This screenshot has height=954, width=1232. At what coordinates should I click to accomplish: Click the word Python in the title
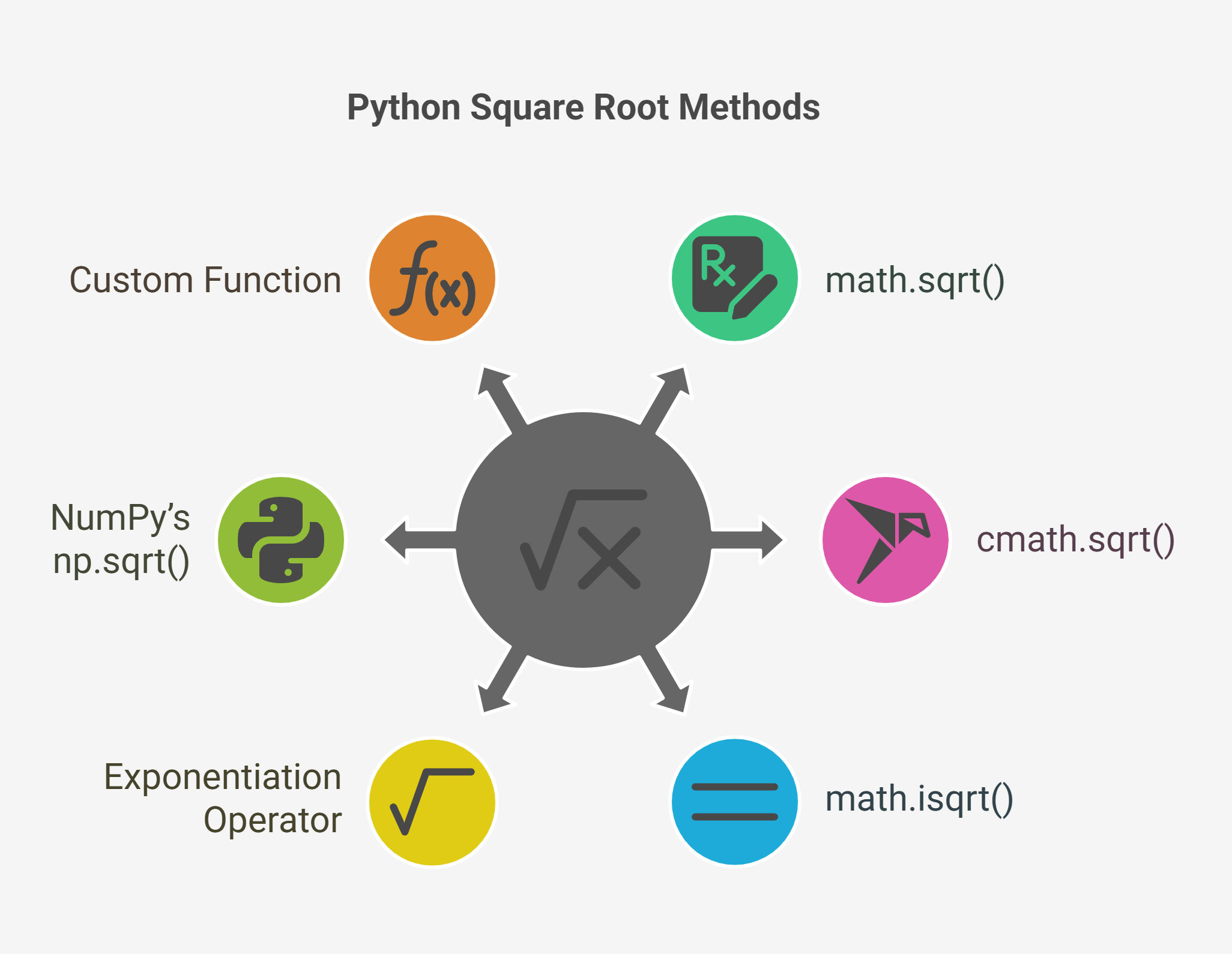(x=403, y=109)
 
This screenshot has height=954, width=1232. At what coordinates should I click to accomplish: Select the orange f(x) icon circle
(x=432, y=278)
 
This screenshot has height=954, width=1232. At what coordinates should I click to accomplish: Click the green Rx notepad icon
(x=735, y=278)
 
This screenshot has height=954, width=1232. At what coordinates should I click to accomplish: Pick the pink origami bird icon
(x=886, y=540)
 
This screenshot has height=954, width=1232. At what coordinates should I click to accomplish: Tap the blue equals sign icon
(x=735, y=802)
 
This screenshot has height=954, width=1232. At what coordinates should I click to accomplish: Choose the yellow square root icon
(x=432, y=802)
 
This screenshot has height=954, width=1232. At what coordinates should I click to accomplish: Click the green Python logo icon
(x=281, y=540)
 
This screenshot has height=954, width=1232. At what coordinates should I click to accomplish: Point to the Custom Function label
(x=205, y=280)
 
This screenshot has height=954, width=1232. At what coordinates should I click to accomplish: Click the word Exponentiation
(x=223, y=778)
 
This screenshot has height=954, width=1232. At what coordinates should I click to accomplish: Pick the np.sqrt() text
(x=121, y=562)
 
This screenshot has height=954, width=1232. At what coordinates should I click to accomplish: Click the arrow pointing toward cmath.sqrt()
(x=747, y=540)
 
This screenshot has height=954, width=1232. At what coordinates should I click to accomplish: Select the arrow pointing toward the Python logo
(x=420, y=540)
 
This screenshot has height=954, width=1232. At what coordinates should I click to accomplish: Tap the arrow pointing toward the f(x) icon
(x=500, y=400)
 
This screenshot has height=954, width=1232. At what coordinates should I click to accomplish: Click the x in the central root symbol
(x=609, y=558)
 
